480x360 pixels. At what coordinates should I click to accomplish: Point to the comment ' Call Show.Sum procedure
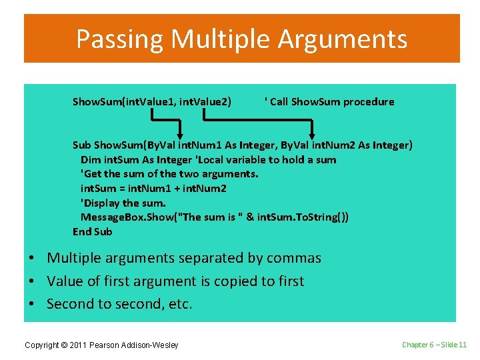(329, 102)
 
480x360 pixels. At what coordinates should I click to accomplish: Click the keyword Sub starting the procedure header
(81, 145)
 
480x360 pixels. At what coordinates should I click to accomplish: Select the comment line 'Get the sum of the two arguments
(169, 174)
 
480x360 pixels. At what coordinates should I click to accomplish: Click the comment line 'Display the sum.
(123, 203)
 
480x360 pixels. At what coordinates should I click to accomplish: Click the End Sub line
(93, 232)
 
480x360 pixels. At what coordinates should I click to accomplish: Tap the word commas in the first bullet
(293, 258)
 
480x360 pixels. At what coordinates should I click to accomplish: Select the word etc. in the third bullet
(179, 305)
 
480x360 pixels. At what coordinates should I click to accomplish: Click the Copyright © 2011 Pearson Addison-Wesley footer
(101, 345)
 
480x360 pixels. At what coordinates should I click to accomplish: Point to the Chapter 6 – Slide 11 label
(434, 345)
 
